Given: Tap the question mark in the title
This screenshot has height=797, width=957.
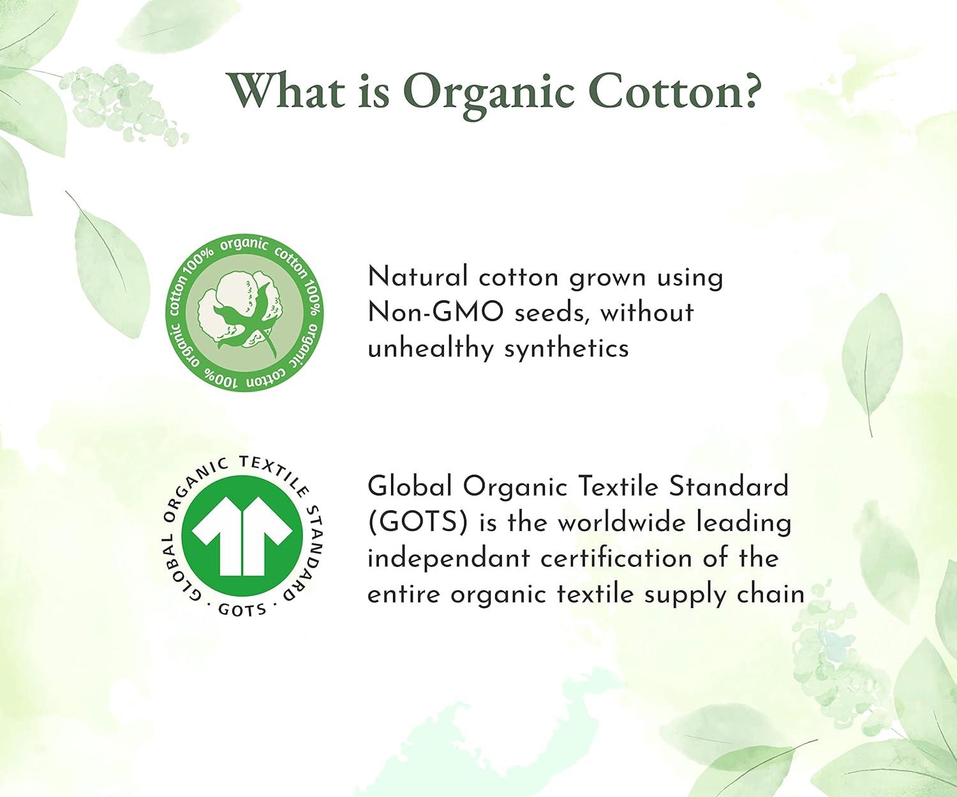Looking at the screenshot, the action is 749,91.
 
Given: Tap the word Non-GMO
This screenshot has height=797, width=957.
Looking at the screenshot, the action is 435,313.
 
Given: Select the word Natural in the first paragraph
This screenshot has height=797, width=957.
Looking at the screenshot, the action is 417,277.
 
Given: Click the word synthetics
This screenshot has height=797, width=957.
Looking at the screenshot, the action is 567,349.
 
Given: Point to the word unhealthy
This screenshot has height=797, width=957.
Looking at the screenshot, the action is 431,349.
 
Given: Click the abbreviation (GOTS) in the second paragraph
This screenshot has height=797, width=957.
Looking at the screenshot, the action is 417,522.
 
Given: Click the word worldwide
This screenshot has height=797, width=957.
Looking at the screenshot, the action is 621,522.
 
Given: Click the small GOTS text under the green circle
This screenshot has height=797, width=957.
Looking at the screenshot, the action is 242,610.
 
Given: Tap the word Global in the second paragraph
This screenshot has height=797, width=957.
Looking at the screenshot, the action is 410,486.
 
